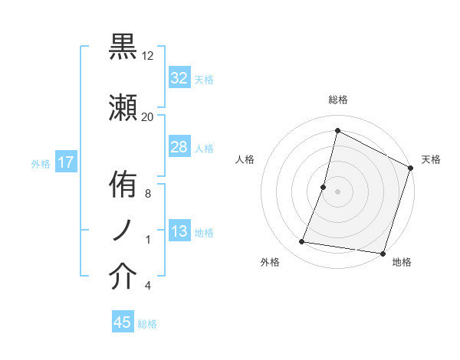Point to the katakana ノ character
tap(123, 231)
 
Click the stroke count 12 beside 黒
tap(148, 56)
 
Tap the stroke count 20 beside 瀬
tap(148, 117)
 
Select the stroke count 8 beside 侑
tap(148, 194)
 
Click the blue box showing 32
tap(179, 78)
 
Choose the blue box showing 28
tap(179, 147)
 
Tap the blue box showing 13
tap(179, 231)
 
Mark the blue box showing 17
tap(65, 162)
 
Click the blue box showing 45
tap(123, 322)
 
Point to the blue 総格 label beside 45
tap(147, 324)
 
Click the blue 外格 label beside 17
tap(41, 164)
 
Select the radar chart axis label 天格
tap(431, 159)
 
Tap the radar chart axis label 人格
tap(245, 159)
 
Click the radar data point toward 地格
tap(383, 254)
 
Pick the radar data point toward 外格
tap(302, 242)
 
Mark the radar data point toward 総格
tap(337, 130)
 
